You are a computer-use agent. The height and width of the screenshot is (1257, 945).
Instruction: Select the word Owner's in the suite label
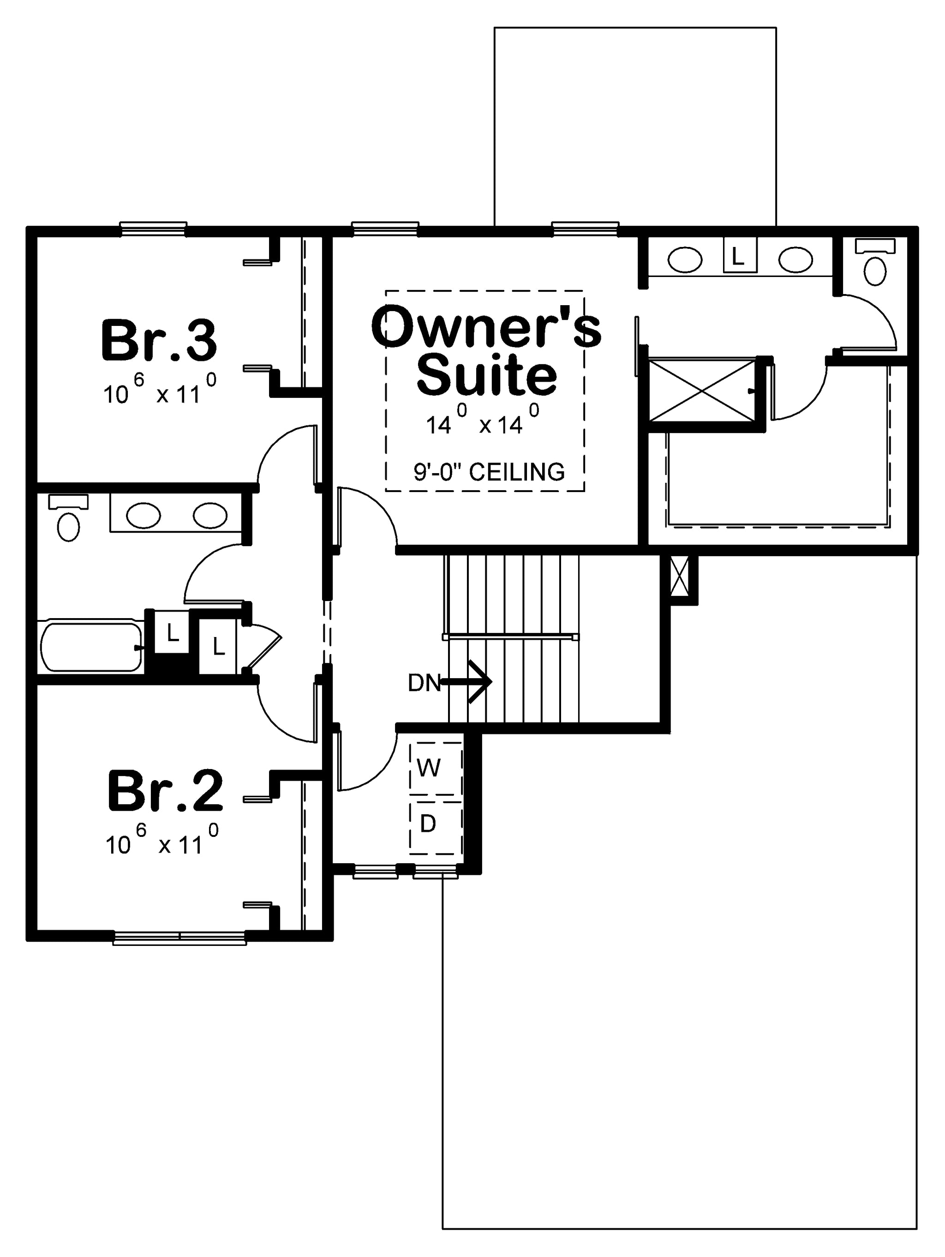click(486, 327)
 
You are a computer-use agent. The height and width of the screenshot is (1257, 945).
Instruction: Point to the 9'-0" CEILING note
click(489, 472)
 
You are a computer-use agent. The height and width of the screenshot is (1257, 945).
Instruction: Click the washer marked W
click(436, 768)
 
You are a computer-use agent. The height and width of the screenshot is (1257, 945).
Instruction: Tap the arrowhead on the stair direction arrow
click(480, 681)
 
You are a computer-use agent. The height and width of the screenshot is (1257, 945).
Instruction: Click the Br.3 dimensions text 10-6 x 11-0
click(160, 389)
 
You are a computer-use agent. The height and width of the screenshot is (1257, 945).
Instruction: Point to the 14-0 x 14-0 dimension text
click(483, 419)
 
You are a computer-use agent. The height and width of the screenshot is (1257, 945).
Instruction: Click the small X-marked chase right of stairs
click(680, 576)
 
